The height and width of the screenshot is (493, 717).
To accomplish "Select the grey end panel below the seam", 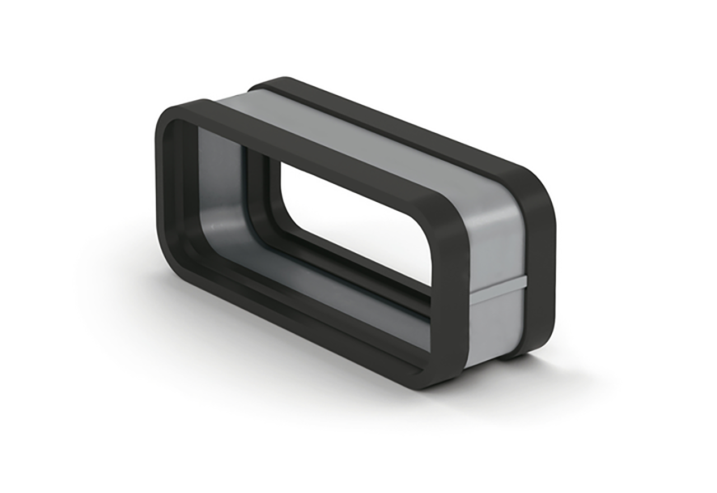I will (496, 325).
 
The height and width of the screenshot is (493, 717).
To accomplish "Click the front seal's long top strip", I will (314, 151).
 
